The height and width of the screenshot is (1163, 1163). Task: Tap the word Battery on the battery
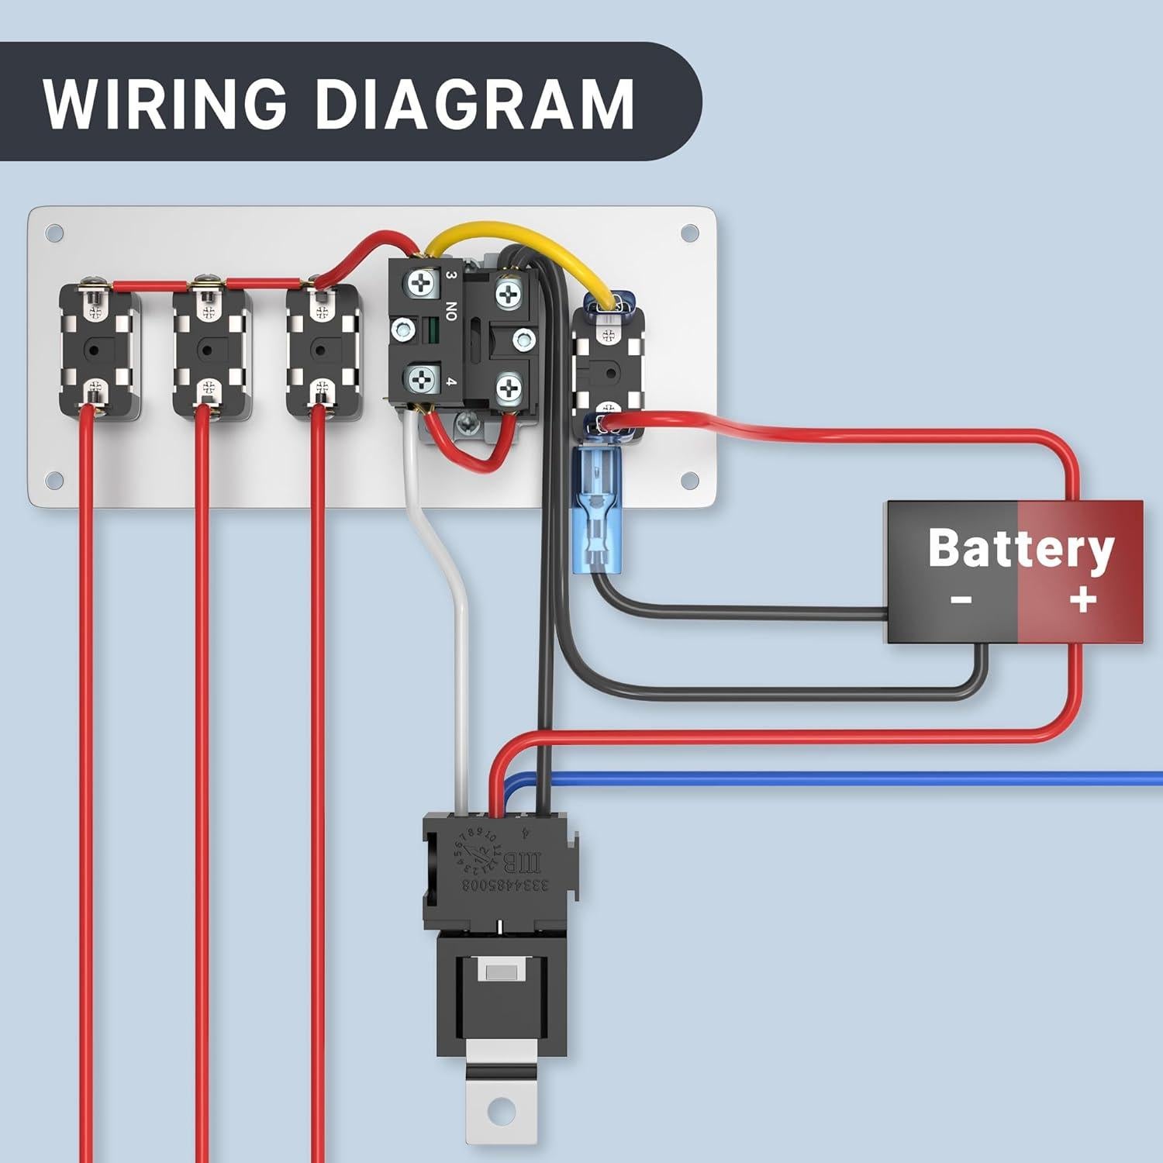coord(1020,549)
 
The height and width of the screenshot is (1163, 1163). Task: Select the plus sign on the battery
coord(1082,599)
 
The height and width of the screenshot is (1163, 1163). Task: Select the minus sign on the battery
coord(960,599)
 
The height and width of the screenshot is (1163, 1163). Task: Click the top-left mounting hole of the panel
coord(54,233)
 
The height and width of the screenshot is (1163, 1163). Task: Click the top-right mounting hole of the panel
coord(689,233)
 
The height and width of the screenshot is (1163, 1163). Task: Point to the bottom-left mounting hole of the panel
coord(54,480)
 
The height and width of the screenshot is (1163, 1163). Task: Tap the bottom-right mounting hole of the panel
coord(689,481)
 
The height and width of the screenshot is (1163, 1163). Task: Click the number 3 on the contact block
coord(451,275)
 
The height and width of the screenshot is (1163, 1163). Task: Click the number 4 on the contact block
coord(451,381)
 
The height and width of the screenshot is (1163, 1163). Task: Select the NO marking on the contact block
coord(451,312)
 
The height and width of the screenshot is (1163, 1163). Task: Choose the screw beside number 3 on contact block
coord(420,283)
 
